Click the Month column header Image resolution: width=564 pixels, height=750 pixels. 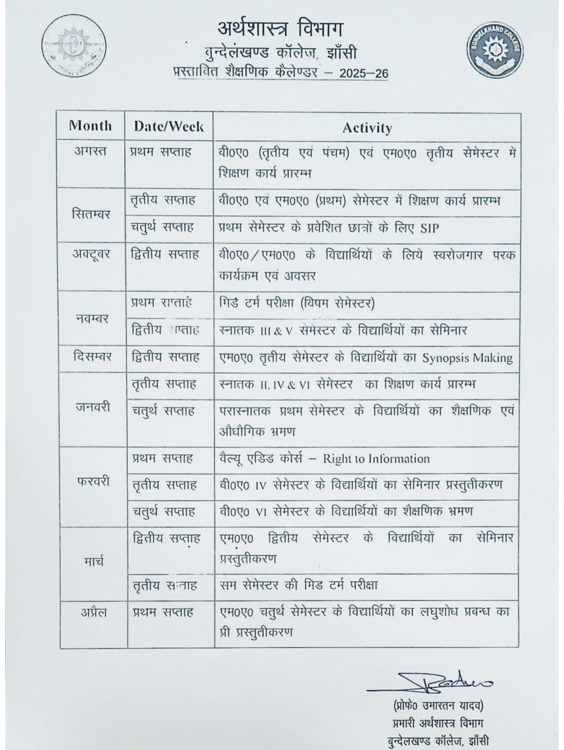pyautogui.click(x=90, y=126)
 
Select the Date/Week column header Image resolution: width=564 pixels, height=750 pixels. pyautogui.click(x=168, y=126)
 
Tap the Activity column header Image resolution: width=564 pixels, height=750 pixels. pyautogui.click(x=367, y=128)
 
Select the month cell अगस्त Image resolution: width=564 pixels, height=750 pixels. pyautogui.click(x=90, y=151)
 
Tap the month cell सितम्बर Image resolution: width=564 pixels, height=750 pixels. pyautogui.click(x=91, y=214)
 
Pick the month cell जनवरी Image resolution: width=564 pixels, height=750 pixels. pyautogui.click(x=93, y=407)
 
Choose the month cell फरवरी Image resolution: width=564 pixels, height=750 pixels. pyautogui.click(x=93, y=481)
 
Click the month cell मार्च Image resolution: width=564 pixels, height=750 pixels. pyautogui.click(x=94, y=562)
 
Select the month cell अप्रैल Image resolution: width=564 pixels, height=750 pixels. pyautogui.click(x=94, y=612)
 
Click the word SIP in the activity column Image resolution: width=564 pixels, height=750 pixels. pyautogui.click(x=429, y=228)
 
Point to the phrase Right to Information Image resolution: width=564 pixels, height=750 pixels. pyautogui.click(x=376, y=459)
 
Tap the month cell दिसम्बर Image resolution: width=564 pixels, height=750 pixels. pyautogui.click(x=92, y=357)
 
